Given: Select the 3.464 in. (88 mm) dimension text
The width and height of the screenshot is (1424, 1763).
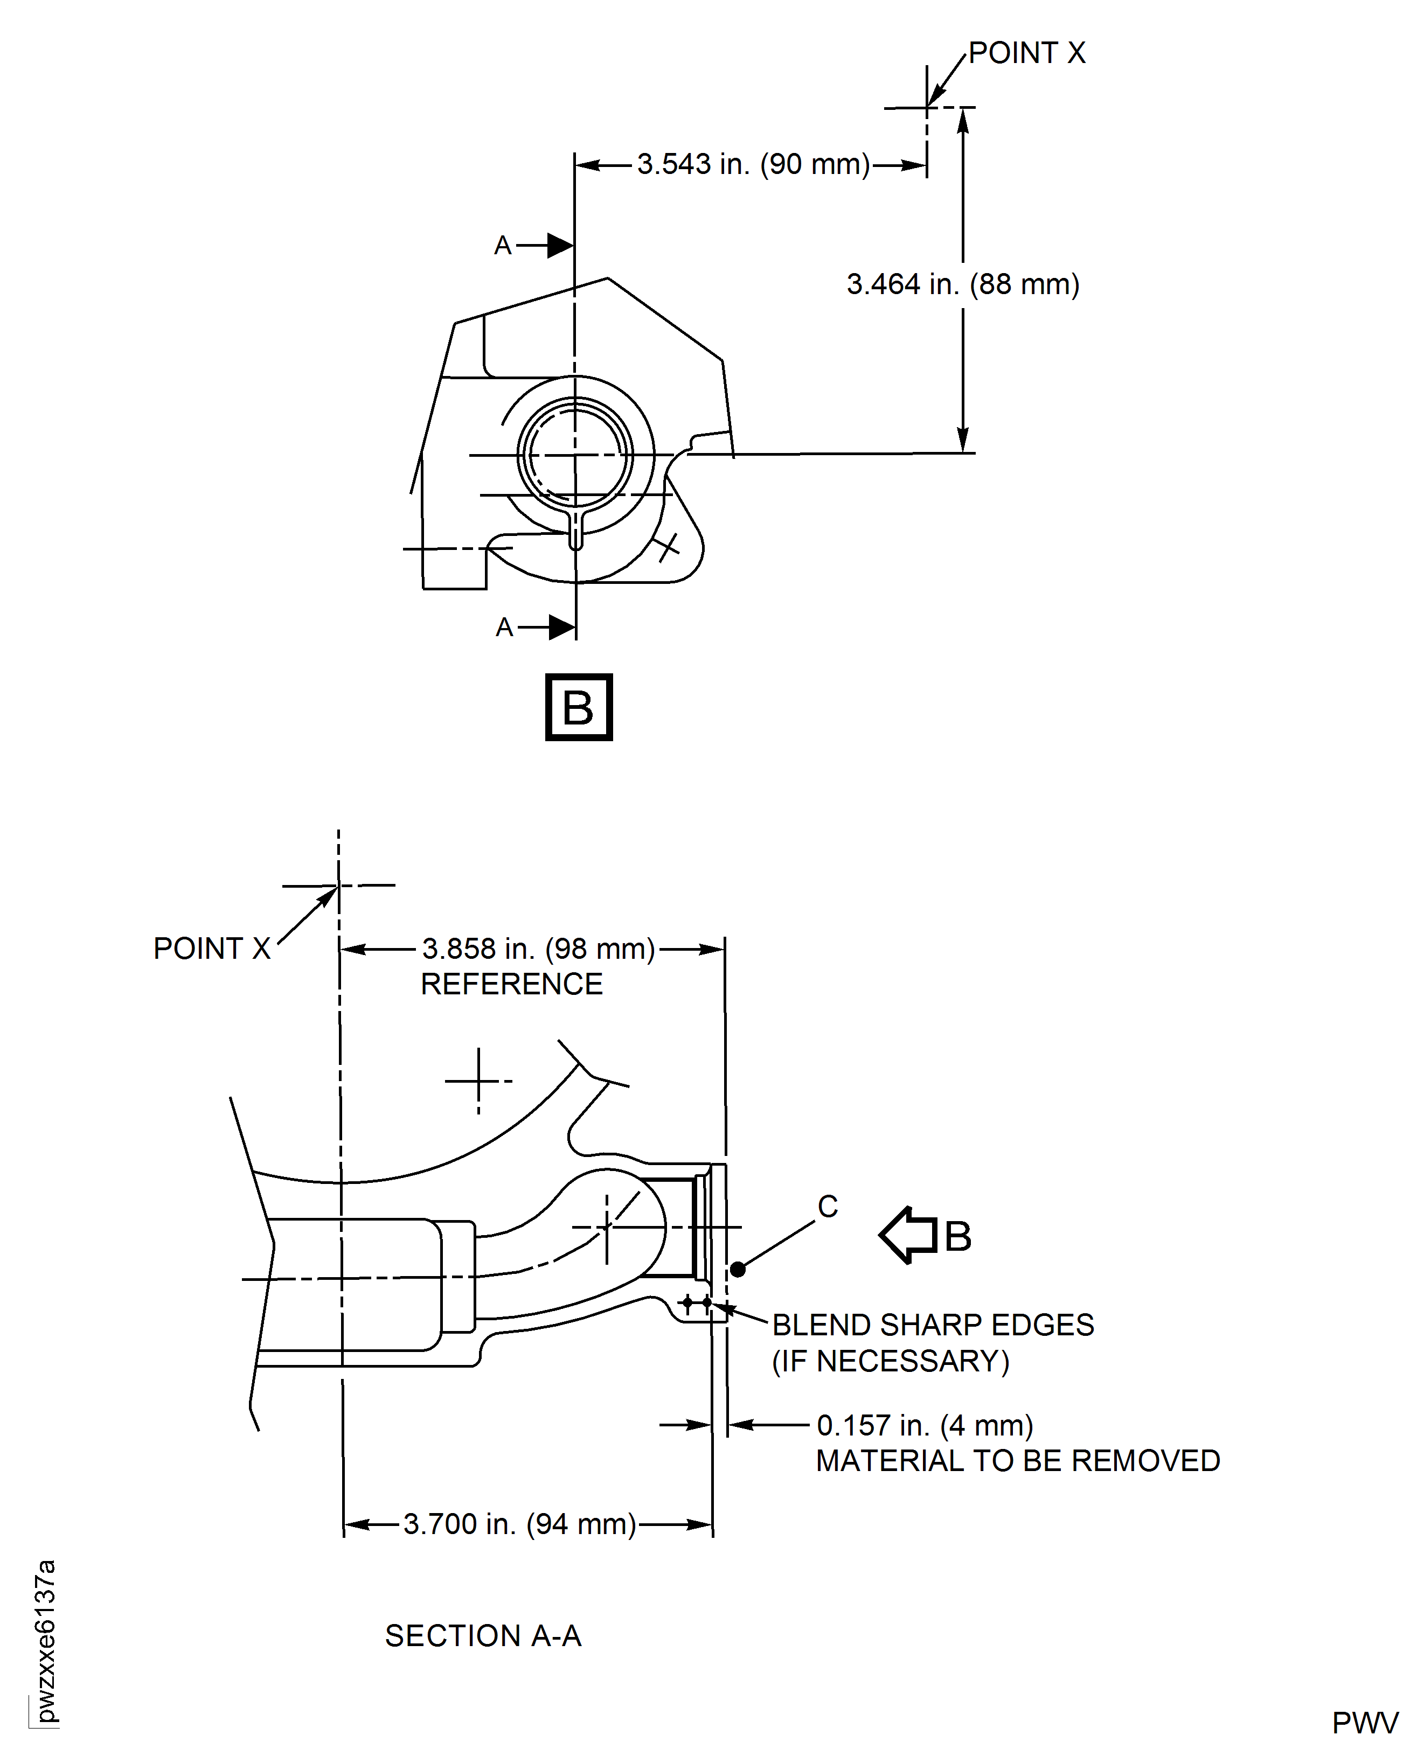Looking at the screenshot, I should tap(962, 284).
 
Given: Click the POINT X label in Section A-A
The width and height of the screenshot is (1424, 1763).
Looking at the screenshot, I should tap(212, 949).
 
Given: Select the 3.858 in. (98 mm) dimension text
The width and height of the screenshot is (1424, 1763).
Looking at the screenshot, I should tap(538, 949).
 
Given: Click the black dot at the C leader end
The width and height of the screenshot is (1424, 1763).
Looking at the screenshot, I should tap(738, 1270).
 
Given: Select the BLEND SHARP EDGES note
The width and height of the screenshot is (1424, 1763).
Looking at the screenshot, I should tap(932, 1325).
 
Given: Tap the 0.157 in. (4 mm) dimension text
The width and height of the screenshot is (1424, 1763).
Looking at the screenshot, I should tap(925, 1426).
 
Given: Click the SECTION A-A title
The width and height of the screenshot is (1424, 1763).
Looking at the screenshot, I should tap(483, 1636).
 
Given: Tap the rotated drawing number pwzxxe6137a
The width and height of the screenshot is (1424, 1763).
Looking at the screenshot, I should tap(46, 1641).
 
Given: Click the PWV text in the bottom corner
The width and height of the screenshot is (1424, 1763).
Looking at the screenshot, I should tap(1364, 1724).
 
